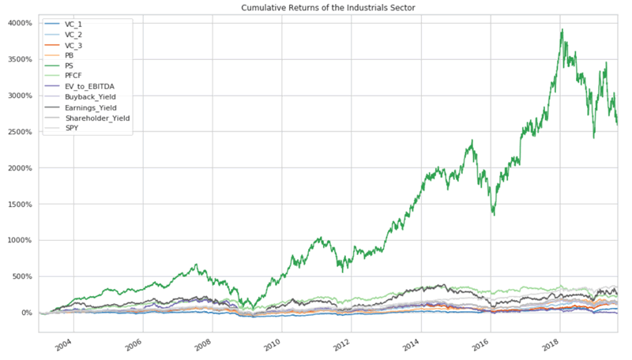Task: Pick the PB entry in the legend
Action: pos(70,56)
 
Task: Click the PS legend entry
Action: pos(70,66)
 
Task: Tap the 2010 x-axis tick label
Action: pos(273,346)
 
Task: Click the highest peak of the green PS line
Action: pos(562,30)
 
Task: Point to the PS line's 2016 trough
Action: pos(494,214)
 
